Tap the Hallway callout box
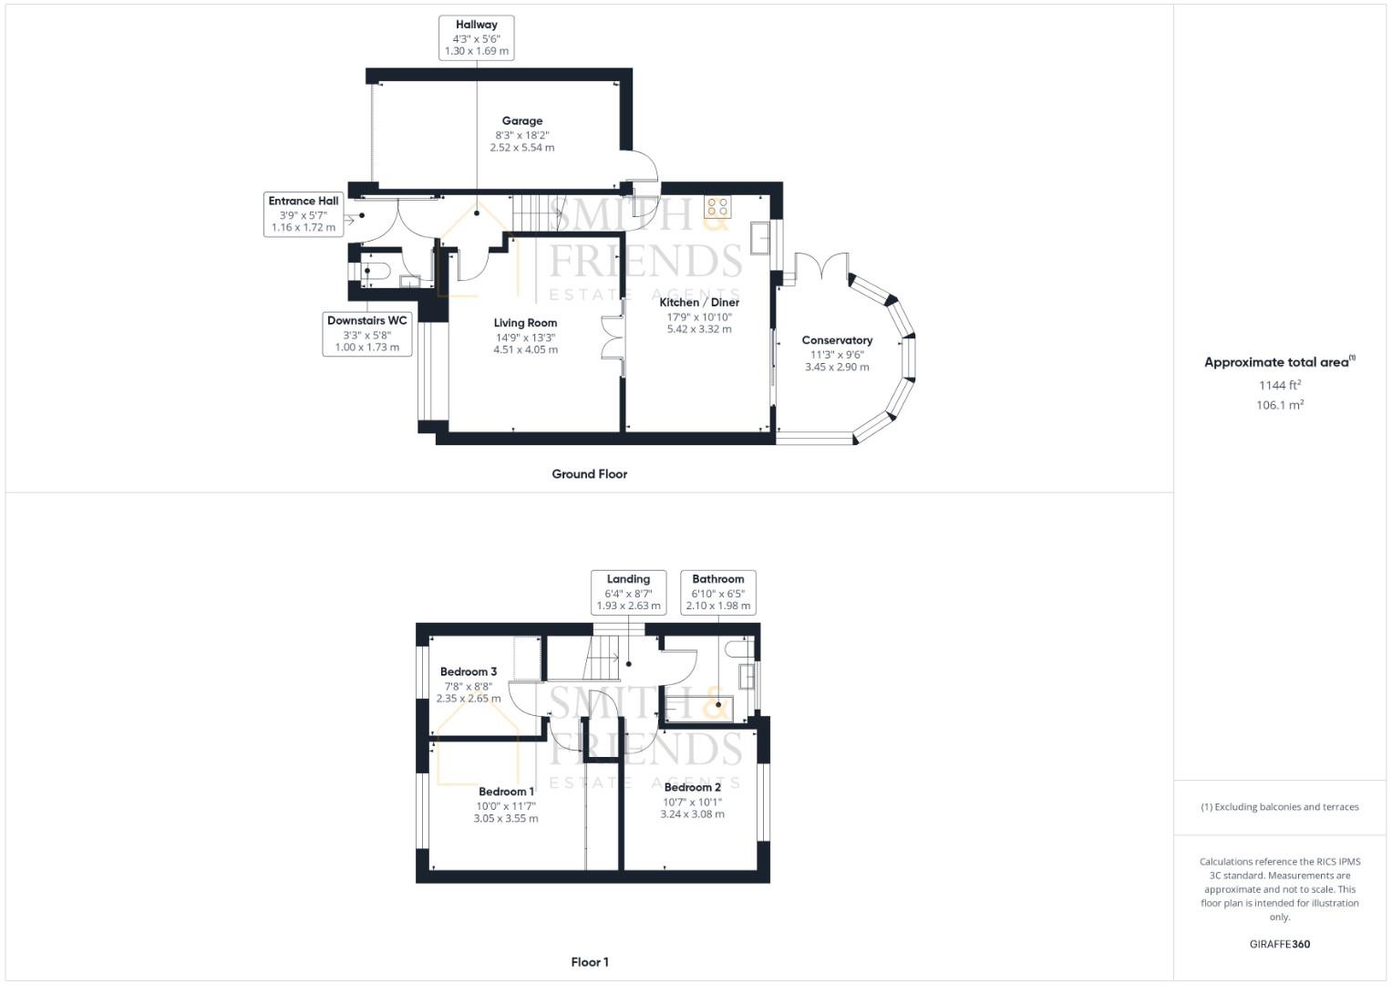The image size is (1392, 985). point(477,38)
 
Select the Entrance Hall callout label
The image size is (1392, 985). point(304,213)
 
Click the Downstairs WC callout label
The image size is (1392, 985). point(367,334)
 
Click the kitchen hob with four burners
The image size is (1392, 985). point(717,207)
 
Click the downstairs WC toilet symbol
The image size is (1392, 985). point(376,271)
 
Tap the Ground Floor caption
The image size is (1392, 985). point(589,474)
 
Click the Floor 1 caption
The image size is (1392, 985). point(589,962)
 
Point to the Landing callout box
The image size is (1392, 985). point(628,592)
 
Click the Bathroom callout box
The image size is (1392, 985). point(718,592)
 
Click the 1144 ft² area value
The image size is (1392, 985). point(1280,385)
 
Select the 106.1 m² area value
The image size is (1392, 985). point(1280,406)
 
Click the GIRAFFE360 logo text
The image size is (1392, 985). point(1280,945)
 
